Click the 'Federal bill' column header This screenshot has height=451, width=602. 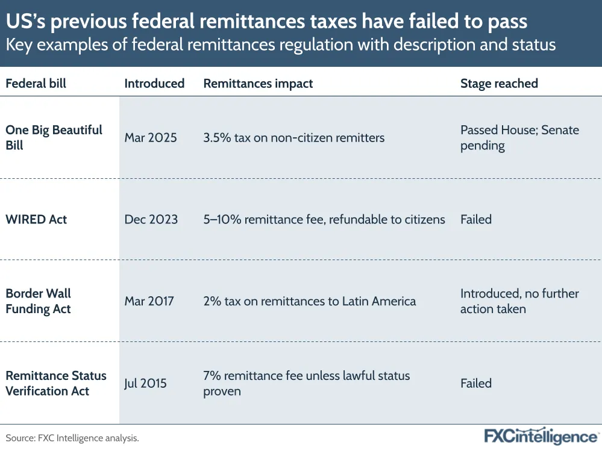pos(36,84)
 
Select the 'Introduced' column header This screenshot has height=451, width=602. pos(154,84)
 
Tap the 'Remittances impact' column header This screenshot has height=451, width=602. pos(258,84)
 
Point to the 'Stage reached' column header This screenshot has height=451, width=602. pos(499,84)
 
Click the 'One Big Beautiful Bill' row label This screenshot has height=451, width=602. pos(54,138)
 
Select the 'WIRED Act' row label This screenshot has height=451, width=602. pos(36,219)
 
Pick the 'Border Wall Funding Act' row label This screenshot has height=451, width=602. pos(38,301)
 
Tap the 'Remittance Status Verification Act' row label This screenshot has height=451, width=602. pos(55,383)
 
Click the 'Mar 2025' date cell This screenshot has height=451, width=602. pos(151,138)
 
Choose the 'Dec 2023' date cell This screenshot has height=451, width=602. pos(151,219)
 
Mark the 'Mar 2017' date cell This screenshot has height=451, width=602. pos(149,301)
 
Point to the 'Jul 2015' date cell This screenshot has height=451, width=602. pos(146,383)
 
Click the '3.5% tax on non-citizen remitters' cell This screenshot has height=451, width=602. pos(293,138)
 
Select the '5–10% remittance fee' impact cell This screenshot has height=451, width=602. pos(324,219)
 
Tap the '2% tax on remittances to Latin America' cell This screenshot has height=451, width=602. pos(309,301)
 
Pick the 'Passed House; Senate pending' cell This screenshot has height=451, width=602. pos(519,138)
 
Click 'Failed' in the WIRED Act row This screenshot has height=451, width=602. pos(476,219)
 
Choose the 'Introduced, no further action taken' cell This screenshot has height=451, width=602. pos(519,301)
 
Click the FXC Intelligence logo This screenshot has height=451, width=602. pos(541,437)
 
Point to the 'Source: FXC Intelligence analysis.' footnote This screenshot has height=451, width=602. pos(72,438)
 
